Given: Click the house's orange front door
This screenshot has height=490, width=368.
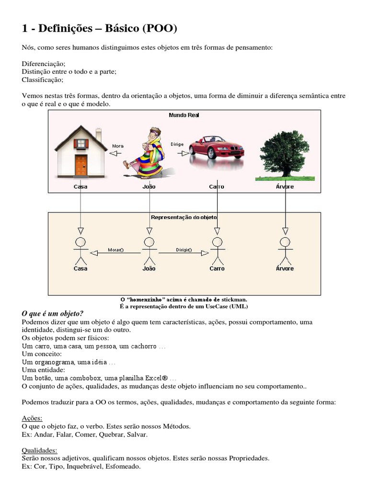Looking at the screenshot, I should pos(81,165).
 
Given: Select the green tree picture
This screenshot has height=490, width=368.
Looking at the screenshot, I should pos(284,154).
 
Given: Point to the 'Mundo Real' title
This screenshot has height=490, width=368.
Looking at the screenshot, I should pos(184,115).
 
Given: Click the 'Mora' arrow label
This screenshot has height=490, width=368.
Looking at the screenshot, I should pos(118,146).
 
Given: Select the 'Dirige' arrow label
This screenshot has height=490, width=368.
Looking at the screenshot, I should pos(177,144).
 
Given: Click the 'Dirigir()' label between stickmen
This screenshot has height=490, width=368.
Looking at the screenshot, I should pos(184,250).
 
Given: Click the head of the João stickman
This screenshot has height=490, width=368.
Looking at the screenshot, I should pos(149,241).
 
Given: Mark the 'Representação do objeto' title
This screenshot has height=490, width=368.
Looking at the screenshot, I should pos(184,217).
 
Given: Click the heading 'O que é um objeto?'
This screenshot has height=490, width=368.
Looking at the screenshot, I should pos(53,313).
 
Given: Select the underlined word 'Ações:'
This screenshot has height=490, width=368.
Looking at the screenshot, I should pos(32,418).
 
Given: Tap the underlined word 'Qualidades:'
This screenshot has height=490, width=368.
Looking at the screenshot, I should pos(40,450).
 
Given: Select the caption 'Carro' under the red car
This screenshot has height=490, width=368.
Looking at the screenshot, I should pos(217,187).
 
